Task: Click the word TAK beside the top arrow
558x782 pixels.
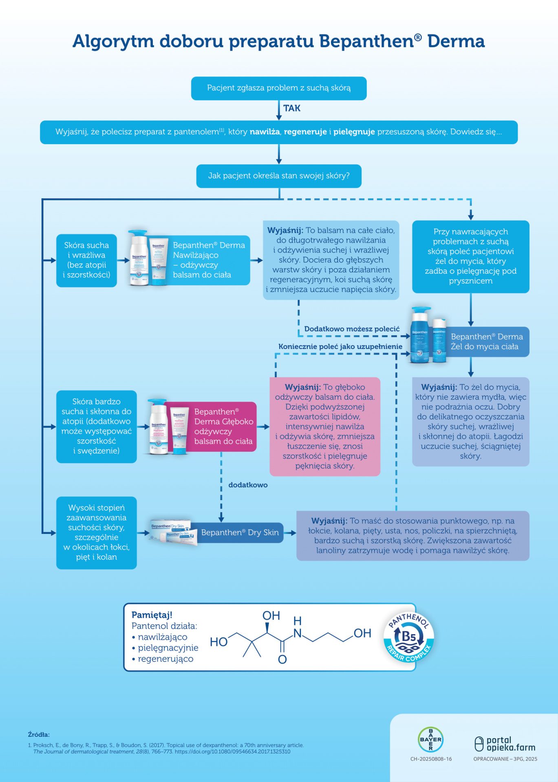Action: (x=292, y=108)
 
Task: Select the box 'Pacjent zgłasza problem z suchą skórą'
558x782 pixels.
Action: (x=279, y=88)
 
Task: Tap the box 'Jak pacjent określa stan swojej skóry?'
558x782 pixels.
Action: (x=279, y=176)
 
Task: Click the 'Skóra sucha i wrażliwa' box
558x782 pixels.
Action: (x=86, y=260)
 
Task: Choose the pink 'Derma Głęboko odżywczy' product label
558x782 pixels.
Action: (x=223, y=426)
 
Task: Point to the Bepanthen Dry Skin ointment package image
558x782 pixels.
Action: (x=173, y=532)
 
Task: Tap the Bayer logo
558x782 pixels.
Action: (x=430, y=739)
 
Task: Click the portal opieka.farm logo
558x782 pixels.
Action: (x=505, y=744)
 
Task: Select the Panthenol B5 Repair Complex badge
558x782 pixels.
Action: (x=409, y=637)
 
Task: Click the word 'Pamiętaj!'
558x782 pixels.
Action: (x=152, y=615)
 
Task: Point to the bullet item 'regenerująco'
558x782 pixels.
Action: (x=165, y=659)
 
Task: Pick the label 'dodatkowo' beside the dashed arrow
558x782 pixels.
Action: (x=248, y=485)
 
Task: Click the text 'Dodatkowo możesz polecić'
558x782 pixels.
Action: (x=352, y=329)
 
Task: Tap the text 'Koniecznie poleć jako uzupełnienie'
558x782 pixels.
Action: (x=340, y=347)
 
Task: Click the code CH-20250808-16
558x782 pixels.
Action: (x=431, y=759)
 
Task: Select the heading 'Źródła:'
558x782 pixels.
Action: (x=39, y=735)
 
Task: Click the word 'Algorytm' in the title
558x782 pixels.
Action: (x=113, y=41)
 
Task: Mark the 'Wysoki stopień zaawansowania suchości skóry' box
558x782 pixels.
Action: (x=97, y=532)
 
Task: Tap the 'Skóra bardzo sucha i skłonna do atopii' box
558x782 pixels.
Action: (x=97, y=426)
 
